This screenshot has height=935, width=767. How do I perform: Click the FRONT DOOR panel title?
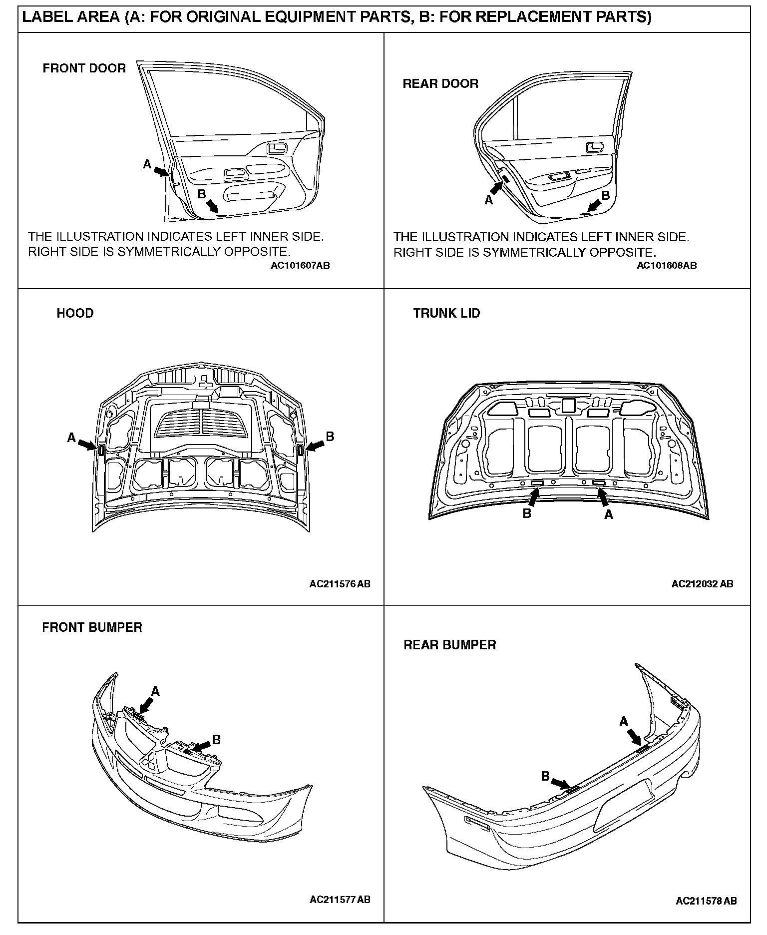[x=84, y=68]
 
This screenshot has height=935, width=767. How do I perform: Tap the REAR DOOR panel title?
[x=440, y=83]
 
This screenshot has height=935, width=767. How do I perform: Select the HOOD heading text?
[x=75, y=313]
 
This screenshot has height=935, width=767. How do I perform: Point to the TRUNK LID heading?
[x=446, y=313]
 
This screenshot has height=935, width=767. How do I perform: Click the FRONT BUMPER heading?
[x=92, y=627]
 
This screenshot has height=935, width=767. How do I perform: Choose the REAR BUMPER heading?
[x=449, y=645]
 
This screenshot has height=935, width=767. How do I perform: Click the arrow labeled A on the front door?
[x=160, y=171]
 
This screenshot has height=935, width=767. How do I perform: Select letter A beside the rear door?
[x=488, y=200]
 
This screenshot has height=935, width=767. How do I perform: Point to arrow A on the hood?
[x=87, y=444]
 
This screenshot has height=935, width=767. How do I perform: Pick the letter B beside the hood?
[x=330, y=437]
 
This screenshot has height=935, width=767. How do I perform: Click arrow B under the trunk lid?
[x=534, y=497]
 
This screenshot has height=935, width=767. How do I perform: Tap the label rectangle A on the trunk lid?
[x=598, y=483]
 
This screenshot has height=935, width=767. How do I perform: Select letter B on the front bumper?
[x=216, y=740]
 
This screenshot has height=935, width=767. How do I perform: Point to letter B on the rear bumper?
[x=545, y=776]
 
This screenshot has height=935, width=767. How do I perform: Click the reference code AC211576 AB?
[x=340, y=583]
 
